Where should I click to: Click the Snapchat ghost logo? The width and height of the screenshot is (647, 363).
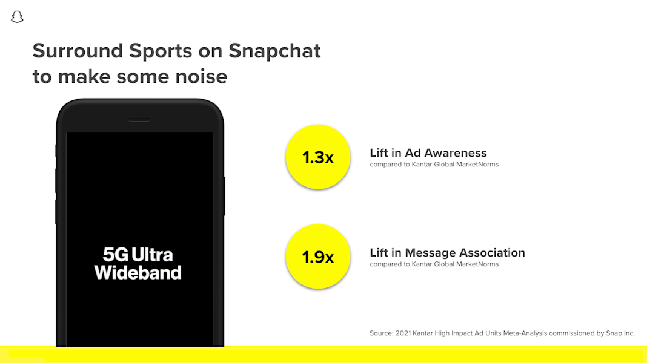17,17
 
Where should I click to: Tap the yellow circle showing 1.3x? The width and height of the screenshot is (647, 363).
317,157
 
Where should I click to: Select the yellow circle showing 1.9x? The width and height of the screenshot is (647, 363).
317,257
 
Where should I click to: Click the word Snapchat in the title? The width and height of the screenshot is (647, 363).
274,51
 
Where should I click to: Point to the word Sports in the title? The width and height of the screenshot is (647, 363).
161,51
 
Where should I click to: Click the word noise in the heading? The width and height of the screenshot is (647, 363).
201,77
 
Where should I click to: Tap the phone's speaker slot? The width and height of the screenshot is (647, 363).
139,120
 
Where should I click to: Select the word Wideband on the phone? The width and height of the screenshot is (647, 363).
138,272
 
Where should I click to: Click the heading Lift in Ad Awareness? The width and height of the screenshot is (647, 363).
428,153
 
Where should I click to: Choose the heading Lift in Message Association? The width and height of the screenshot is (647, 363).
447,252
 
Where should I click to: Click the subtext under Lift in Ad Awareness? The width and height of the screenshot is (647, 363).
434,165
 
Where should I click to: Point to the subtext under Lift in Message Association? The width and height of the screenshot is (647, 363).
434,264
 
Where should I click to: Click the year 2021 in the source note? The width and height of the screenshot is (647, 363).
403,333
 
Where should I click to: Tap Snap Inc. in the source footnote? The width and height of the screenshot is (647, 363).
620,333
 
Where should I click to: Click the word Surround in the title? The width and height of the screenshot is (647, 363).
78,51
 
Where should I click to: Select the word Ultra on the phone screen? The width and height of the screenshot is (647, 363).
152,255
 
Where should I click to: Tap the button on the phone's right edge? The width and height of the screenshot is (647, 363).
224,196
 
